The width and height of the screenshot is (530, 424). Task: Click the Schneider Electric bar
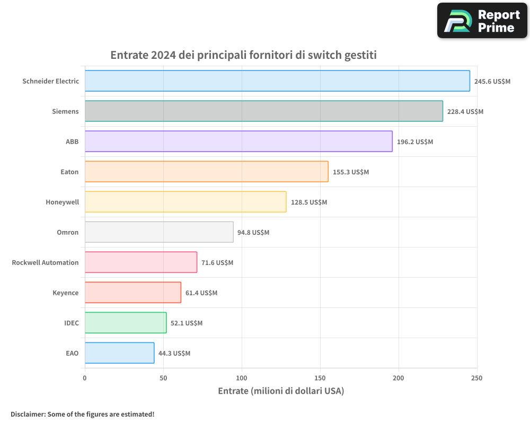(277, 81)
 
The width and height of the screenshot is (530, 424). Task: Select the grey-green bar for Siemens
(263, 111)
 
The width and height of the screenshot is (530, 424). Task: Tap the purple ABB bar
(238, 142)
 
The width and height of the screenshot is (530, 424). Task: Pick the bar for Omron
(159, 232)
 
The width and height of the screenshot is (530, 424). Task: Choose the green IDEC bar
(126, 323)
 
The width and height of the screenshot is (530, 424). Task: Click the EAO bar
(119, 353)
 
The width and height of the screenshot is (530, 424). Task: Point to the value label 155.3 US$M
(351, 172)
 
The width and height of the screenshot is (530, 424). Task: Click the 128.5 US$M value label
(309, 202)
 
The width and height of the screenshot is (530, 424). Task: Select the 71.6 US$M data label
(217, 262)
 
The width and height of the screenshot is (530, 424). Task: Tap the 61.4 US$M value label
(201, 293)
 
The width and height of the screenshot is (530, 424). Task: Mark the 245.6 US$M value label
(492, 81)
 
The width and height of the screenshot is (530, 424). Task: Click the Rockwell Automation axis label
(45, 262)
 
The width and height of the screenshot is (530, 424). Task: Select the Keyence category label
(66, 293)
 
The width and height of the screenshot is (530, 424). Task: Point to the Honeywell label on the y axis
(62, 202)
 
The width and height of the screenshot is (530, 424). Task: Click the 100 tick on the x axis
(242, 378)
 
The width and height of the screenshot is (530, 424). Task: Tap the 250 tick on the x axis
(477, 378)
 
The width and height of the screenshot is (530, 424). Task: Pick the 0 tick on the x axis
(85, 378)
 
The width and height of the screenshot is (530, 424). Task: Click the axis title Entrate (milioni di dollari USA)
(281, 391)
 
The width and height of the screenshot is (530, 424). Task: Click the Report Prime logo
(482, 21)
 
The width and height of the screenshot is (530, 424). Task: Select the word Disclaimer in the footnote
(27, 414)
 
